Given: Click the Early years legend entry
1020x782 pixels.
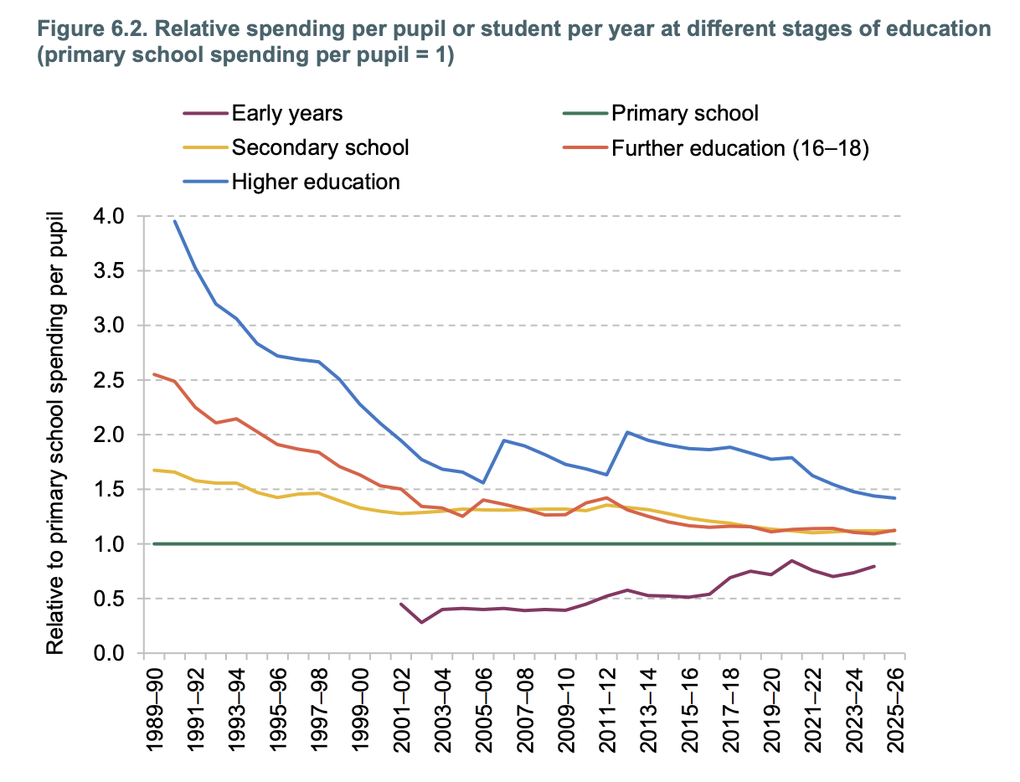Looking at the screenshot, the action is pyautogui.click(x=263, y=113).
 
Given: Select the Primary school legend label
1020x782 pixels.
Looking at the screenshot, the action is pyautogui.click(x=661, y=113).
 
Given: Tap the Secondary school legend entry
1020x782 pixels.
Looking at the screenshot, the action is pyautogui.click(x=296, y=147).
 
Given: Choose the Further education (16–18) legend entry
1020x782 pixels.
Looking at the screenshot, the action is pyautogui.click(x=716, y=148).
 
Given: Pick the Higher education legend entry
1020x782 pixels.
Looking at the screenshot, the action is pyautogui.click(x=291, y=182).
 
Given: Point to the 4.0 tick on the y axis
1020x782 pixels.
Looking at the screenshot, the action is pyautogui.click(x=109, y=216).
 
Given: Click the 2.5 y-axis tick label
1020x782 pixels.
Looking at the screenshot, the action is pyautogui.click(x=109, y=380).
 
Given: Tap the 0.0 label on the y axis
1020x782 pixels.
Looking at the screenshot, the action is pyautogui.click(x=109, y=653).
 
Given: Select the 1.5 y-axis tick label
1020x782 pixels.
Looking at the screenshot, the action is pyautogui.click(x=109, y=489).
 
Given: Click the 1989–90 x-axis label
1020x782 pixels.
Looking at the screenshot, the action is pyautogui.click(x=154, y=710).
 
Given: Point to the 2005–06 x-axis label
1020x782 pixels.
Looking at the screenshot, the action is pyautogui.click(x=483, y=710).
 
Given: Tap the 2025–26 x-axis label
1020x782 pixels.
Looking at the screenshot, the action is pyautogui.click(x=895, y=710).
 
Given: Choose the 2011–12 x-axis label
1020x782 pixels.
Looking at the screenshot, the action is pyautogui.click(x=607, y=710).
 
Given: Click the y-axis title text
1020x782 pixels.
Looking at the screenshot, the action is pyautogui.click(x=55, y=433).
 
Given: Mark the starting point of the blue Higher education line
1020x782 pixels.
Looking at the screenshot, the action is pyautogui.click(x=175, y=221).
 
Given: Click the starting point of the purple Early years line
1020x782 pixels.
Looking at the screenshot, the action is pyautogui.click(x=401, y=604).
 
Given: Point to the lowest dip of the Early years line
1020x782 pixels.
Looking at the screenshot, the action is pyautogui.click(x=421, y=623).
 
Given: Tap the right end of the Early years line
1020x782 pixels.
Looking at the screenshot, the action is pyautogui.click(x=874, y=566).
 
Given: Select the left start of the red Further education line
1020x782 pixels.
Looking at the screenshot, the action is pyautogui.click(x=154, y=374).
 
